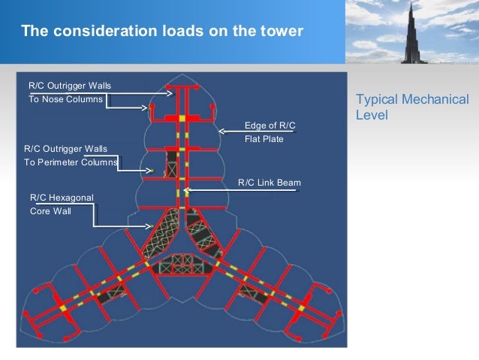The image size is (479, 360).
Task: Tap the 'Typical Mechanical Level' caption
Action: (x=412, y=108)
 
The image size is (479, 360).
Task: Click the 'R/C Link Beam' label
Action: (x=269, y=183)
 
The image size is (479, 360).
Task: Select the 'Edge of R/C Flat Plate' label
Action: (x=264, y=132)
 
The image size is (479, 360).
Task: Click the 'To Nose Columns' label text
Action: (x=65, y=100)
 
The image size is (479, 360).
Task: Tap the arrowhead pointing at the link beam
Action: (x=186, y=191)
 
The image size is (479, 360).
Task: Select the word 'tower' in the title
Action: (x=283, y=32)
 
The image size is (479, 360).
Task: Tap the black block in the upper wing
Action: (x=173, y=160)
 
